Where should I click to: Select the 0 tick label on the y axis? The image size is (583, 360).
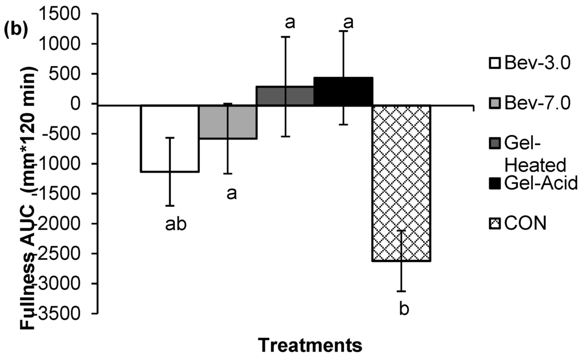[85, 104]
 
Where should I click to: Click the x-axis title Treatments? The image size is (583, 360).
[310, 345]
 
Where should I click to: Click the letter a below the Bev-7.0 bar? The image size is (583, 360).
[231, 194]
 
